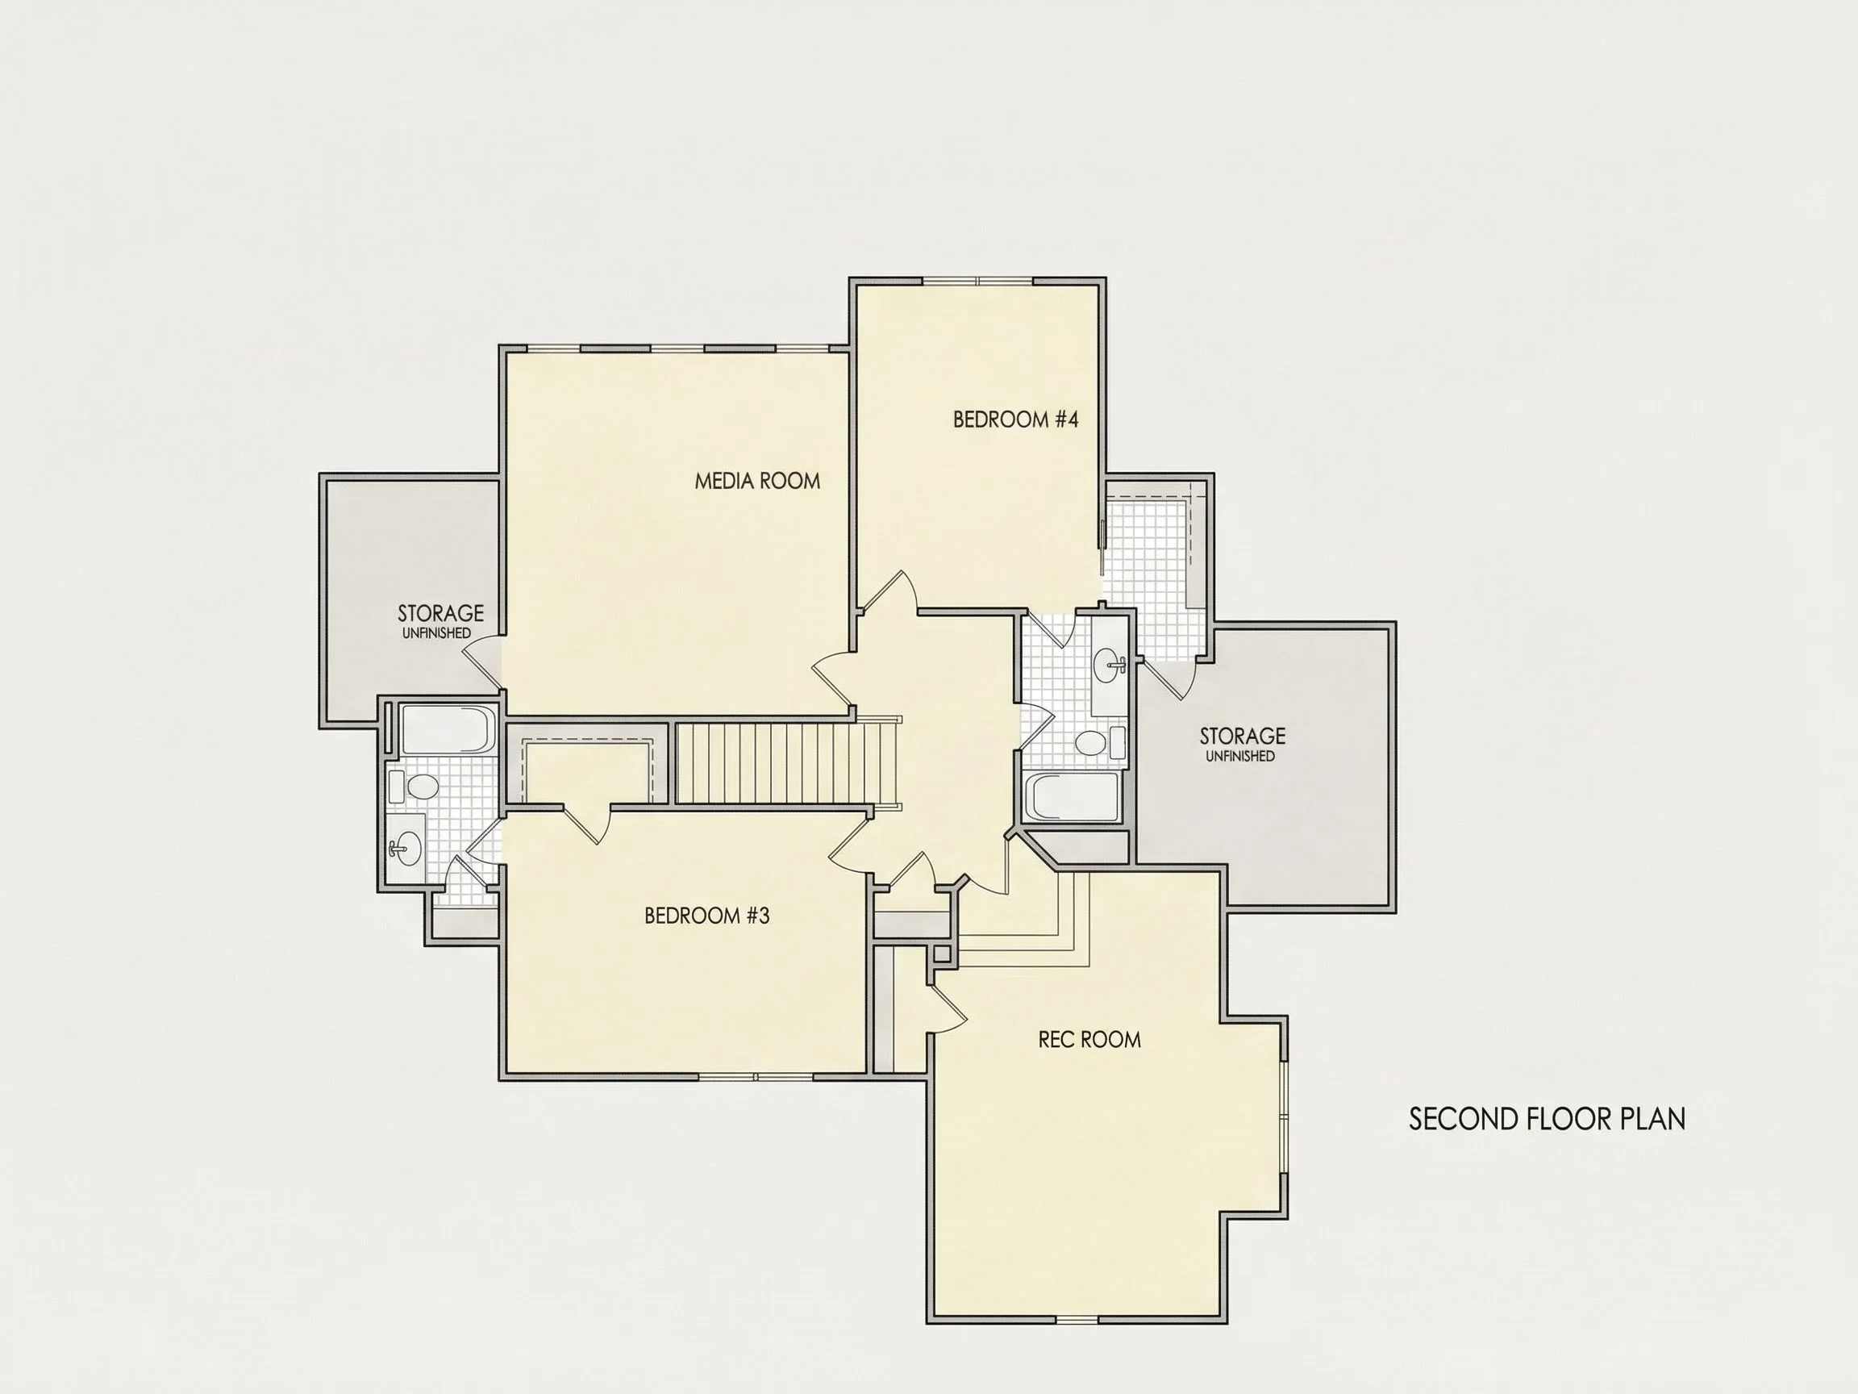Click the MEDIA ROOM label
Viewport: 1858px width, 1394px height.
pyautogui.click(x=756, y=481)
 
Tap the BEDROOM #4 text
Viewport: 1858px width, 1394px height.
pyautogui.click(x=1015, y=419)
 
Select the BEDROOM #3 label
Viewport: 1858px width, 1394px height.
pyautogui.click(x=706, y=915)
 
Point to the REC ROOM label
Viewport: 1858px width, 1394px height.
pyautogui.click(x=1089, y=1039)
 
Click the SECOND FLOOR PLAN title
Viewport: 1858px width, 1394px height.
pyautogui.click(x=1548, y=1119)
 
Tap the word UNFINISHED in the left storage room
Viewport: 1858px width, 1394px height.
pyautogui.click(x=436, y=633)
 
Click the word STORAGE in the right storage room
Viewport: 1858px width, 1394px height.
pyautogui.click(x=1243, y=736)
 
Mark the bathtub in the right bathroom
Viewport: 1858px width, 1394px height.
pyautogui.click(x=1073, y=795)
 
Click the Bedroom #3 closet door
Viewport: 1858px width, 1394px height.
pyautogui.click(x=585, y=824)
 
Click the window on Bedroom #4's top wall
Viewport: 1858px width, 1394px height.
pyautogui.click(x=977, y=281)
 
